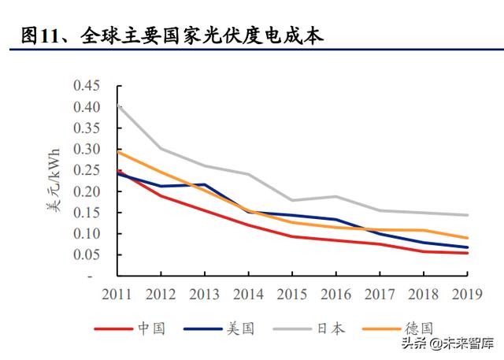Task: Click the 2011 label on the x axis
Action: tap(117, 294)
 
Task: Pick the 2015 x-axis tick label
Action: tap(292, 294)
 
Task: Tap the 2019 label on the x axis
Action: tap(468, 294)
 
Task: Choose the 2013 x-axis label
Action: tap(205, 294)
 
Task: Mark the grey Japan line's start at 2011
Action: tap(117, 105)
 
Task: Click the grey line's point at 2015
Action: tap(292, 200)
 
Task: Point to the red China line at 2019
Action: tap(468, 253)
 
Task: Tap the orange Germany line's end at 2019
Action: tap(468, 238)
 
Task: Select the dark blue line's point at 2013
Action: tap(205, 184)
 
